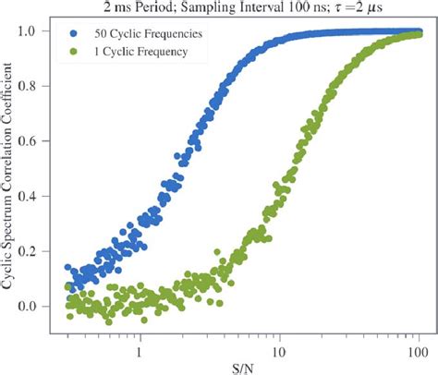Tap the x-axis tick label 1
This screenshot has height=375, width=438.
(140, 351)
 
